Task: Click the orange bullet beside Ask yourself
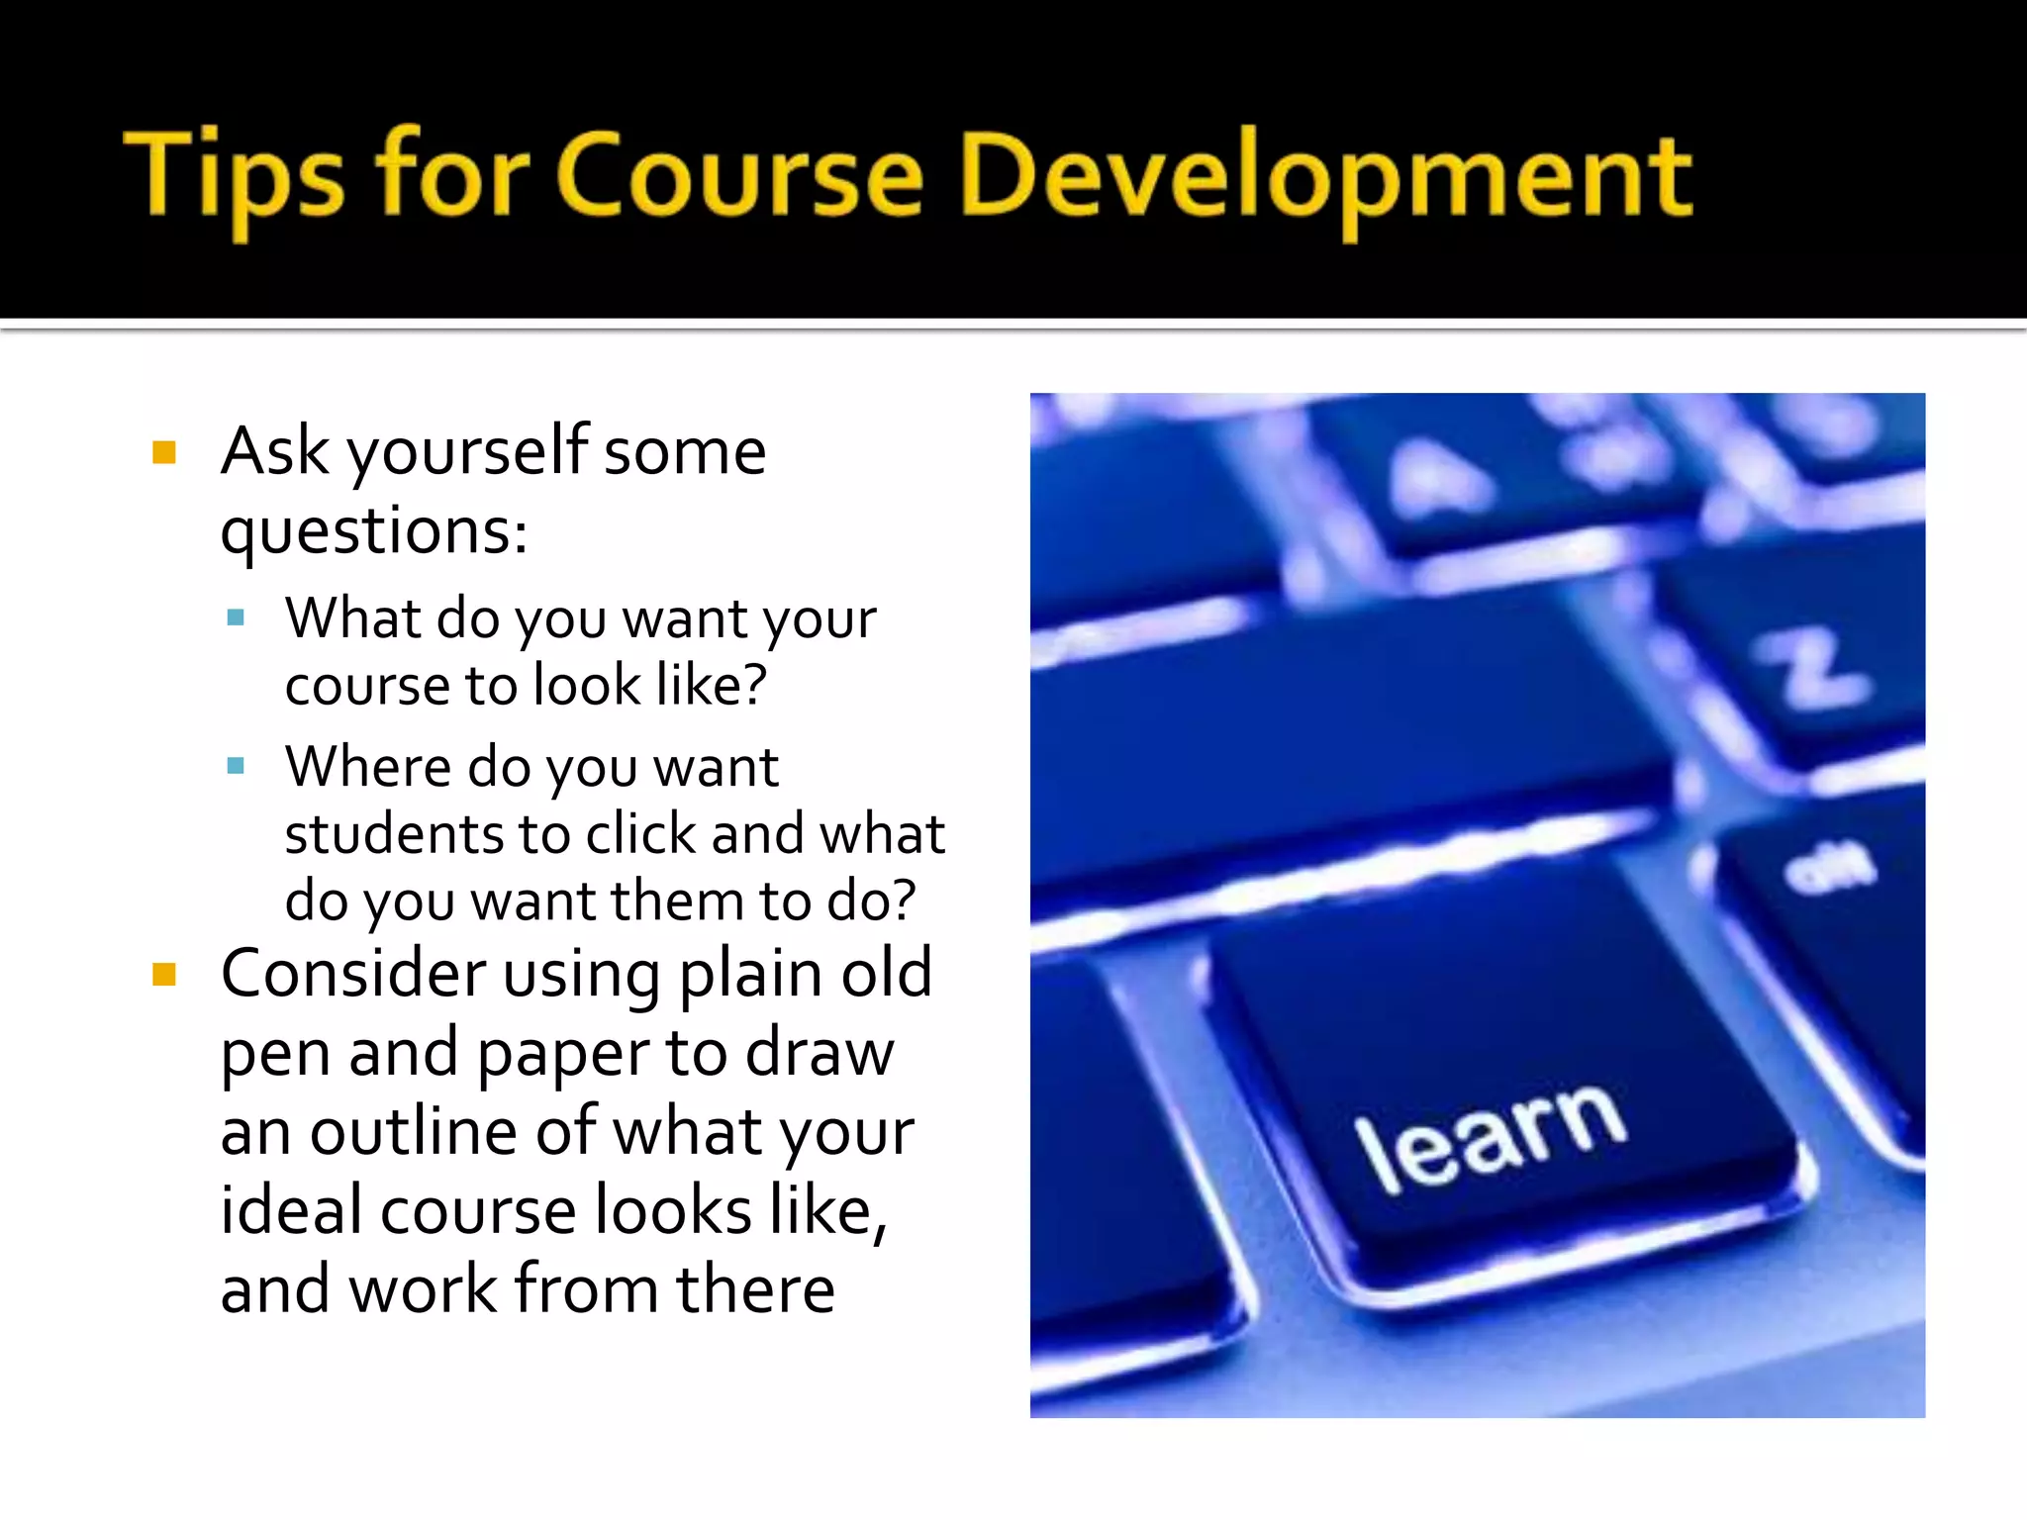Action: point(164,453)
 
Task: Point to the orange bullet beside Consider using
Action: point(164,976)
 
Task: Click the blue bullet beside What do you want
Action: point(236,618)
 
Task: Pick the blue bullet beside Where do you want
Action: point(236,766)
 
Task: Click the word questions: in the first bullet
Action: point(374,532)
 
